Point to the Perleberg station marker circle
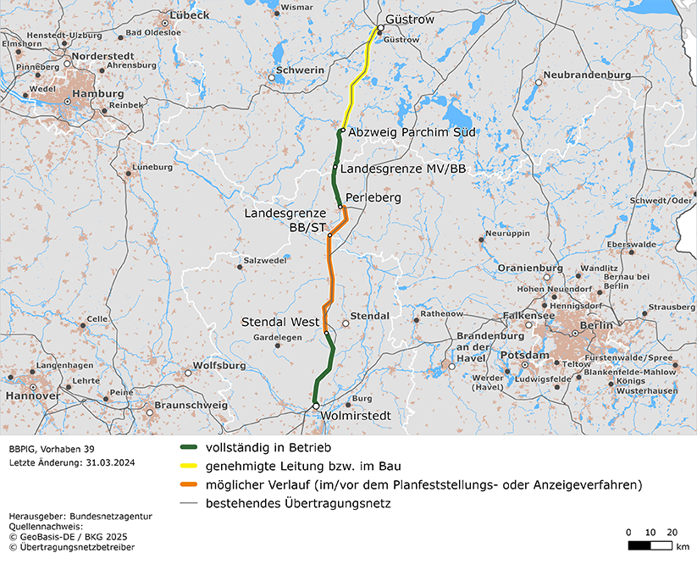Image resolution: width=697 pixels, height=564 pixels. [x=340, y=207]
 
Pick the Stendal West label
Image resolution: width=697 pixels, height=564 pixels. [x=279, y=323]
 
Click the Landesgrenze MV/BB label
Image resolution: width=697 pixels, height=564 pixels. [x=403, y=169]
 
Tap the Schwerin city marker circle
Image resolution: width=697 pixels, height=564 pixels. [x=272, y=78]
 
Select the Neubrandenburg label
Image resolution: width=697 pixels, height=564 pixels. [x=587, y=75]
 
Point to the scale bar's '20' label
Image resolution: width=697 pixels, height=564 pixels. [x=672, y=531]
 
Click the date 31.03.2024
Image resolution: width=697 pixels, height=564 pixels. [x=108, y=463]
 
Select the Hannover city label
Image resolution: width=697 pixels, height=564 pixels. [x=32, y=395]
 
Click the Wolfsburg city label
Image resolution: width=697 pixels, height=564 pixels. [x=219, y=366]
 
